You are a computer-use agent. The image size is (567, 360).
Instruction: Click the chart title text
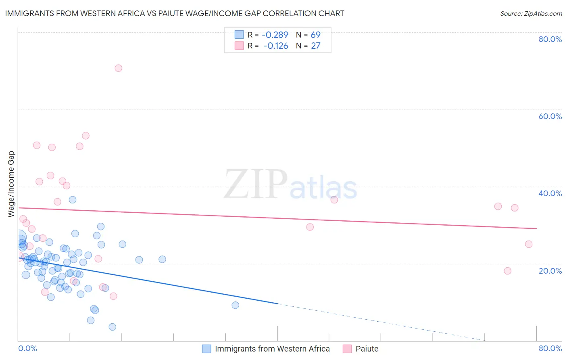(x=175, y=13)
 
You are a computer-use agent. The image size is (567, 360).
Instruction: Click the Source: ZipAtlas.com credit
(x=531, y=13)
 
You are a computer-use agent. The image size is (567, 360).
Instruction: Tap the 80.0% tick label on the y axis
(x=550, y=39)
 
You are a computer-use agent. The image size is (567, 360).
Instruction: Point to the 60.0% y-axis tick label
(x=550, y=116)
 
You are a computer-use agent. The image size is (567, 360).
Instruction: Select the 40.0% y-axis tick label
(x=550, y=193)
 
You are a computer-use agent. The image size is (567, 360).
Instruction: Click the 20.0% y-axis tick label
(x=550, y=271)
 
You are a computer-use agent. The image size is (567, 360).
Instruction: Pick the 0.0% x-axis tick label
(x=27, y=348)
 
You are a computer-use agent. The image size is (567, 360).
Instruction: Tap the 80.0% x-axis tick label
(x=550, y=348)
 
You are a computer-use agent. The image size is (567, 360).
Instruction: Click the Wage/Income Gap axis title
(x=11, y=184)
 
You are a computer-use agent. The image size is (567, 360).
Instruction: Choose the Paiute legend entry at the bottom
(x=367, y=349)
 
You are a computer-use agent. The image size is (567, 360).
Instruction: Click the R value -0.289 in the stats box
(x=275, y=35)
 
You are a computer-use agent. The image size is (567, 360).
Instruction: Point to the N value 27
(x=316, y=46)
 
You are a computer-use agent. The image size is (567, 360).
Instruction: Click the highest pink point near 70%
(x=118, y=68)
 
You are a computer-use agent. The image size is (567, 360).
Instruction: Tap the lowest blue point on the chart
(x=113, y=327)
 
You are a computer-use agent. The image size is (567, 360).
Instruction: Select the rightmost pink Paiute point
(x=529, y=244)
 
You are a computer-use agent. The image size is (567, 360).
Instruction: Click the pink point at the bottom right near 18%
(x=507, y=271)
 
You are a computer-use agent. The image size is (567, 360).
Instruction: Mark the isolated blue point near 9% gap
(x=236, y=305)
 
